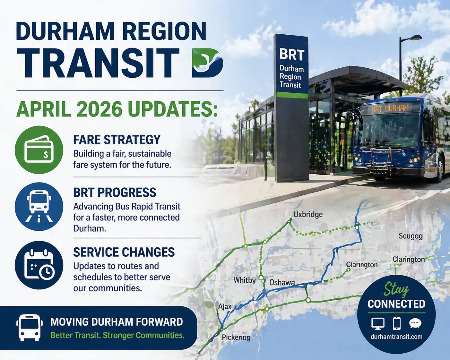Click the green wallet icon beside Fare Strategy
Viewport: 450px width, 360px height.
point(39,150)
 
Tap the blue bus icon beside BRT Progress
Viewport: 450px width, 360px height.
point(39,207)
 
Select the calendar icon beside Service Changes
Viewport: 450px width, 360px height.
point(39,265)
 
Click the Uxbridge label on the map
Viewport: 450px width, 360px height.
point(308,215)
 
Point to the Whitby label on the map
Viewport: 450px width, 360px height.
point(245,280)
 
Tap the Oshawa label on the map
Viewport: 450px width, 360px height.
point(282,283)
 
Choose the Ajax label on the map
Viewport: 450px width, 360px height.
point(225,307)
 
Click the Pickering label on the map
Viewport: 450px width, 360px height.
point(236,337)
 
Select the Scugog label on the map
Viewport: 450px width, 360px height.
point(411,236)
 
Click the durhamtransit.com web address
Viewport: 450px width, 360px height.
point(396,337)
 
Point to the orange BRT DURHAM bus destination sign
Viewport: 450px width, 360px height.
point(390,109)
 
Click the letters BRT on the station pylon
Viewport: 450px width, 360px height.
point(292,54)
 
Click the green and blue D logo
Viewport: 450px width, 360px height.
point(207,63)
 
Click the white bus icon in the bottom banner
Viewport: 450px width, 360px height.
point(30,328)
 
